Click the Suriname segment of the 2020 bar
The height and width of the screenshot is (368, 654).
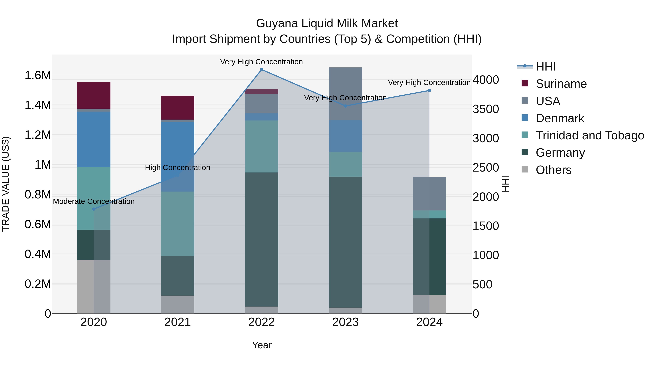94,95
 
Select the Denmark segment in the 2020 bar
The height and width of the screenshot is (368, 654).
94,139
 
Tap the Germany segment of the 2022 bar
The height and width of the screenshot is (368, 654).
261,239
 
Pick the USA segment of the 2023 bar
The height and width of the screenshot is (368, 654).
345,94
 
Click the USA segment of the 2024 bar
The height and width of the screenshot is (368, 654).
429,194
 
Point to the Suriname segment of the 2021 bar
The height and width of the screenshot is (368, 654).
177,107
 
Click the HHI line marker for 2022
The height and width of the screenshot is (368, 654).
261,70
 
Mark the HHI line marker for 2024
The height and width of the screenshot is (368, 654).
429,91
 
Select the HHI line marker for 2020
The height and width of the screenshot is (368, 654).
94,209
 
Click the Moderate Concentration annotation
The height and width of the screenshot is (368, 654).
94,201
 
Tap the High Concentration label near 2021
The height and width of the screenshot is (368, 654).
177,168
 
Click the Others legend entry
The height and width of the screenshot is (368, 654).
554,170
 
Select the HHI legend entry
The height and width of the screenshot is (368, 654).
546,67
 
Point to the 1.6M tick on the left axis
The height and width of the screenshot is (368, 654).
38,75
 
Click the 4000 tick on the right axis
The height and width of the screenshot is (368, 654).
486,80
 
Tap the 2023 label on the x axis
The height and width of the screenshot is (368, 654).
345,322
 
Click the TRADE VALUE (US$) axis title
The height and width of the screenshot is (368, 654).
6,184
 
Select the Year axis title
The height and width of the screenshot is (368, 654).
262,345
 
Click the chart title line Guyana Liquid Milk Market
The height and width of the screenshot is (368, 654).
327,23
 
